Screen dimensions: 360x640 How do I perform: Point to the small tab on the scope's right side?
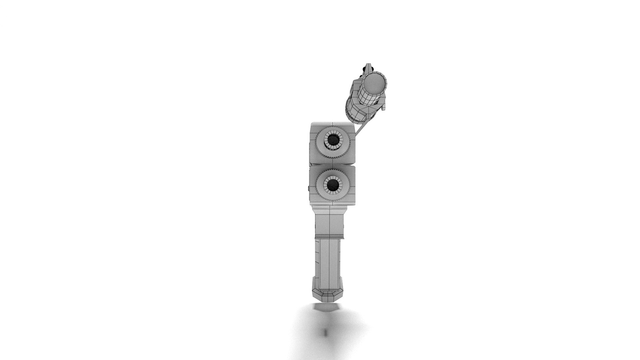pyautogui.click(x=384, y=107)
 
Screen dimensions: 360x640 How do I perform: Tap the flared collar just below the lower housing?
pyautogui.click(x=330, y=210)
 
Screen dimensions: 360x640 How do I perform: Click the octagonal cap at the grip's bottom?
pyautogui.click(x=328, y=293)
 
